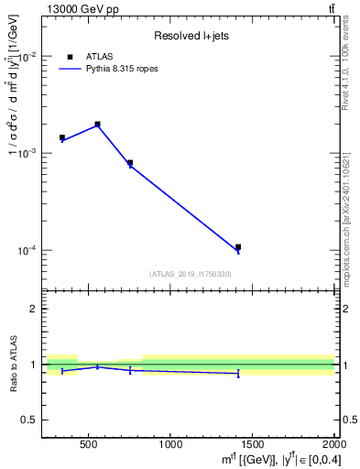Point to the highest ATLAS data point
[97, 124]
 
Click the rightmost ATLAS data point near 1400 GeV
[238, 246]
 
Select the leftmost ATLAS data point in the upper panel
[62, 137]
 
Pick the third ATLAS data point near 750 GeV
[130, 162]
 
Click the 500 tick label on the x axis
[89, 445]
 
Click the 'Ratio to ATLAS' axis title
[13, 365]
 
